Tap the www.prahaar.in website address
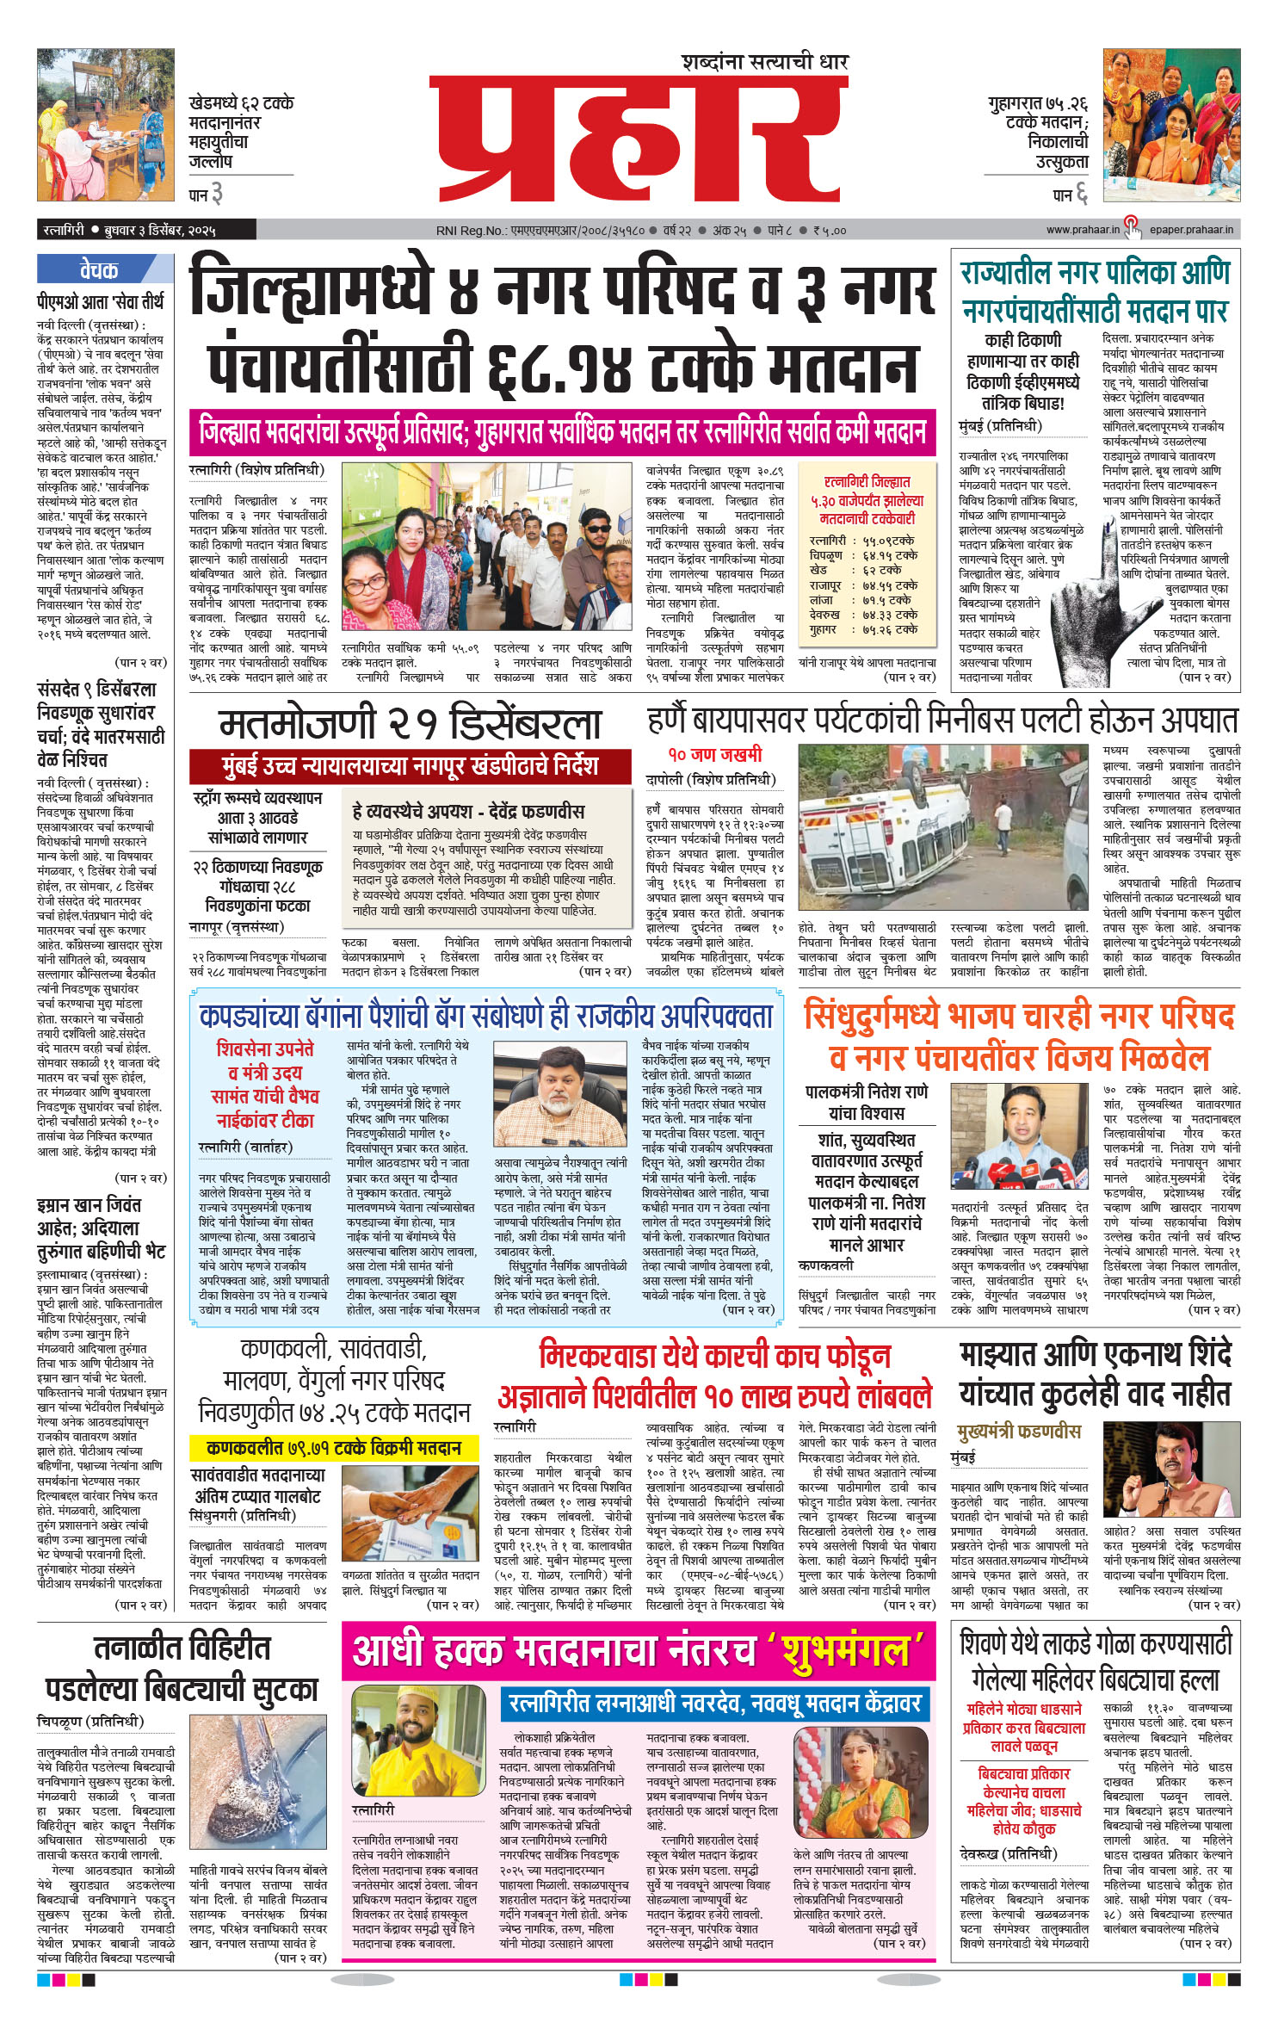tap(1082, 230)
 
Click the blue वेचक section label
tap(99, 270)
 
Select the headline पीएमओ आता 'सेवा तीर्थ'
tap(100, 302)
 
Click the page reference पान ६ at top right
tap(1070, 195)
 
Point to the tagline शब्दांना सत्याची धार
tap(764, 62)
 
